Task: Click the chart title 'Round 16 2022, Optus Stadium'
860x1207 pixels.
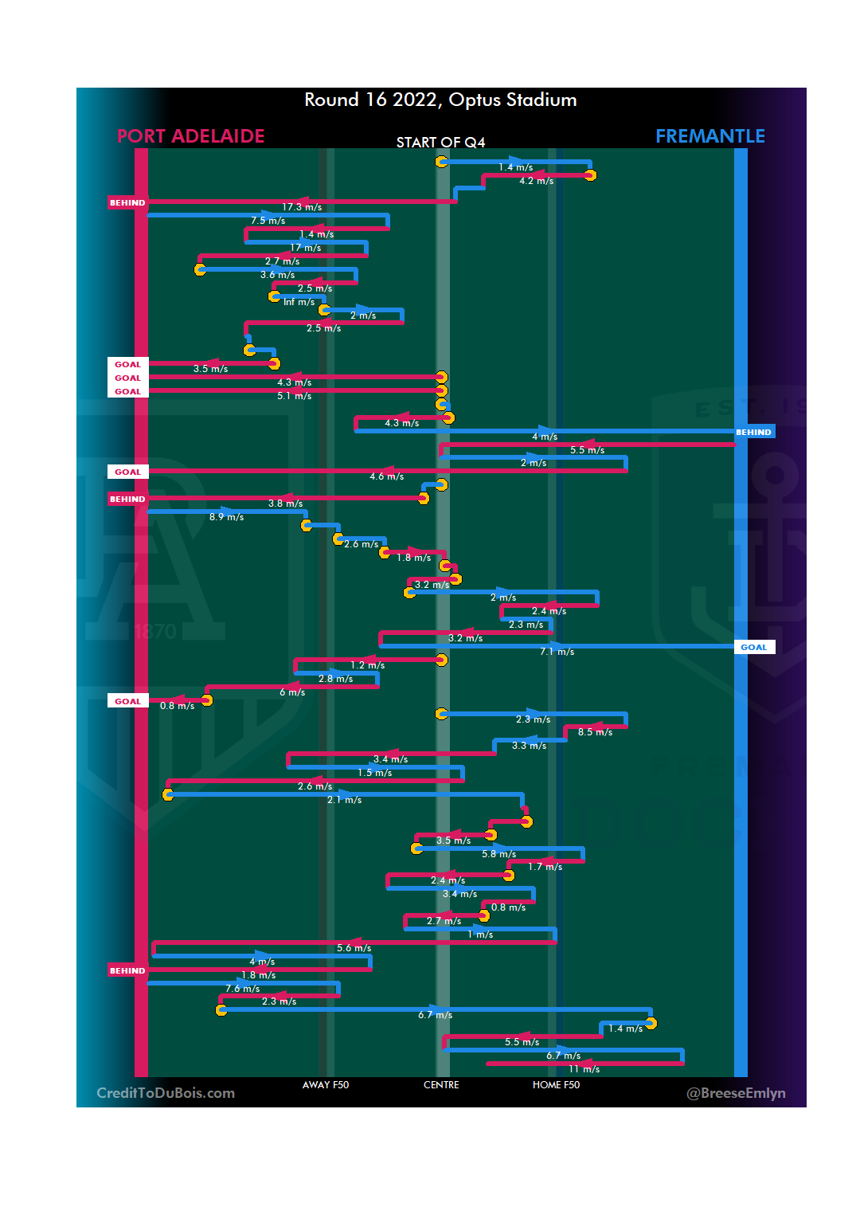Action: click(x=440, y=100)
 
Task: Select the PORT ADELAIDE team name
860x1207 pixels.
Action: click(x=190, y=136)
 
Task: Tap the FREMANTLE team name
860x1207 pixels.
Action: click(x=709, y=136)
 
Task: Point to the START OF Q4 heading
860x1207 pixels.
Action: click(x=440, y=143)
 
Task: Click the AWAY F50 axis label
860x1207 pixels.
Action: click(x=325, y=1085)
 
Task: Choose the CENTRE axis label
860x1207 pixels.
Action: click(x=441, y=1085)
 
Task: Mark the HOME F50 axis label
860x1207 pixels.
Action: click(x=556, y=1085)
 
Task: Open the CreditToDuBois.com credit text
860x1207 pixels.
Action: click(x=166, y=1093)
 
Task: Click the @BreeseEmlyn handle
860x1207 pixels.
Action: click(x=736, y=1093)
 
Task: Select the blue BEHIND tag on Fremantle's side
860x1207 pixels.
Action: click(x=753, y=432)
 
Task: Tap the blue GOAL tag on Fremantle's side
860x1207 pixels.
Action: click(x=753, y=647)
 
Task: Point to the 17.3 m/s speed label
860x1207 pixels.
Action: click(x=302, y=207)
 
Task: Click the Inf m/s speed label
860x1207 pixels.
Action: click(x=299, y=302)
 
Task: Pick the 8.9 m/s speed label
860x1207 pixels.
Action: click(x=226, y=517)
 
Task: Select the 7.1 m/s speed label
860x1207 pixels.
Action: click(x=557, y=652)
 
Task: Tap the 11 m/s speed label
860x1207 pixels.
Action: click(x=584, y=1069)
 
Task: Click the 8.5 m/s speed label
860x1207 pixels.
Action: click(x=595, y=732)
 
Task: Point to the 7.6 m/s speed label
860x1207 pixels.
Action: click(x=242, y=989)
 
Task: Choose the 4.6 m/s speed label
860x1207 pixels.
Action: click(x=386, y=476)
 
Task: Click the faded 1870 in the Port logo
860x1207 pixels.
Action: click(x=155, y=633)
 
